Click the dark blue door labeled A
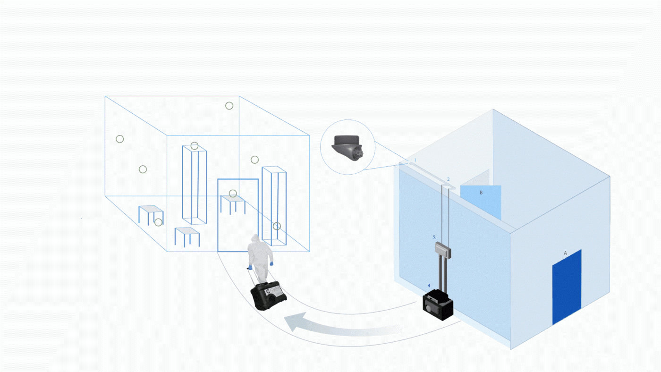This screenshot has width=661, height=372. (567, 287)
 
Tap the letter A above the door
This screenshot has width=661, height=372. (565, 253)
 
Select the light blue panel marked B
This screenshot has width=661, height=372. (480, 200)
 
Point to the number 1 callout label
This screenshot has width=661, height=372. (415, 161)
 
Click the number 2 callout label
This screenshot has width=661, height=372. (448, 179)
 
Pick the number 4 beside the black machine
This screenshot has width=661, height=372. (429, 286)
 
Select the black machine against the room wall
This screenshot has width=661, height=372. (438, 306)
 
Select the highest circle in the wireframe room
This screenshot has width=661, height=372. (229, 106)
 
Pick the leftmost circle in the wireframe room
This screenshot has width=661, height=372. (120, 139)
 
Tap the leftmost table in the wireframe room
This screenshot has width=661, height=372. (150, 213)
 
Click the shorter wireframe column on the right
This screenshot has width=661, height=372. (274, 206)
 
